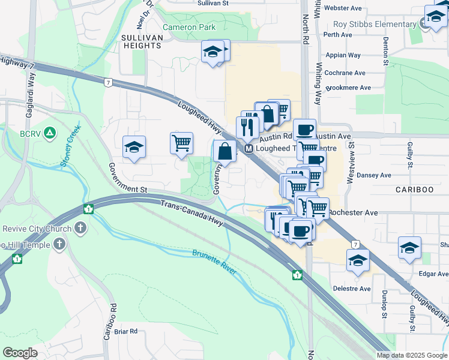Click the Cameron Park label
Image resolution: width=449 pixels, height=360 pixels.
click(x=188, y=28)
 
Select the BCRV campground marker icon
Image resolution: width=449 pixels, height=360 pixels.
click(x=50, y=132)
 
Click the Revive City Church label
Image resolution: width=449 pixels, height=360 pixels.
click(x=37, y=229)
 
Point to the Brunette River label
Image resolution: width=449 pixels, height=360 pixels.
click(x=214, y=262)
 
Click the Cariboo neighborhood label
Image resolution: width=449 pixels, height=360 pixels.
click(x=414, y=189)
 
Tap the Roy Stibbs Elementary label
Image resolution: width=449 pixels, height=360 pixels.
click(x=375, y=25)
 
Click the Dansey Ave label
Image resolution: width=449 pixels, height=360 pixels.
click(x=373, y=176)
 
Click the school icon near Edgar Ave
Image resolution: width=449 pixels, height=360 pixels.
click(x=409, y=248)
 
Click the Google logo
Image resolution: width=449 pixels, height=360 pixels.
click(x=20, y=353)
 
